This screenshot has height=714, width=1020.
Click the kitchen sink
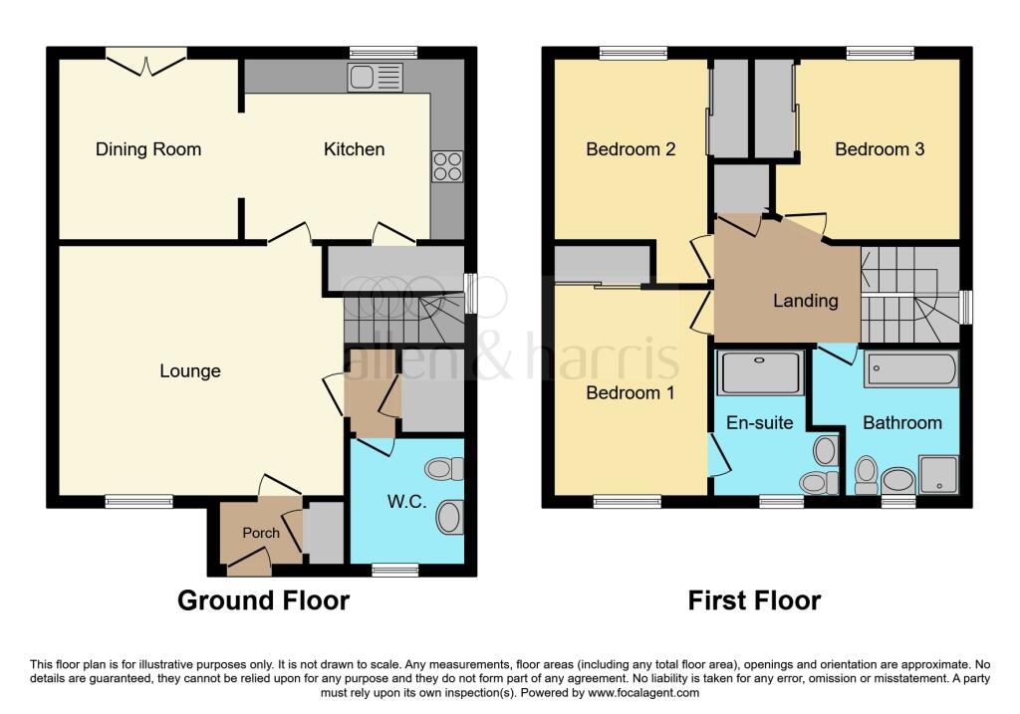(x=375, y=77)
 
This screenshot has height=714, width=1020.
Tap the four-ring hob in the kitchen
(x=446, y=166)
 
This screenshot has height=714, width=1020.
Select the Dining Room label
(x=148, y=149)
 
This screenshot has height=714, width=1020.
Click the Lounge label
(x=190, y=371)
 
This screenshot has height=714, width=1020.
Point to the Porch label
(x=261, y=533)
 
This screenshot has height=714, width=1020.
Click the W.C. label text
(x=406, y=502)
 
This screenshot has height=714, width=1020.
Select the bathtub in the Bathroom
(x=910, y=368)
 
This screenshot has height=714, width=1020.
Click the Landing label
(x=806, y=300)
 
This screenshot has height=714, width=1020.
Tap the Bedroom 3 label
(x=880, y=149)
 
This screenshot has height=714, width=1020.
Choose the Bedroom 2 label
(x=631, y=149)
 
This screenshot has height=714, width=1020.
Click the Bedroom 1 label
(x=630, y=392)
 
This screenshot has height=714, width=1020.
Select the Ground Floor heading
(x=263, y=600)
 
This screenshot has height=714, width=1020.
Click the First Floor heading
(x=754, y=600)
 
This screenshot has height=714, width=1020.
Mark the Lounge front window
(x=132, y=502)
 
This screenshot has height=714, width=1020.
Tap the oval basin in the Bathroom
(x=898, y=482)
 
